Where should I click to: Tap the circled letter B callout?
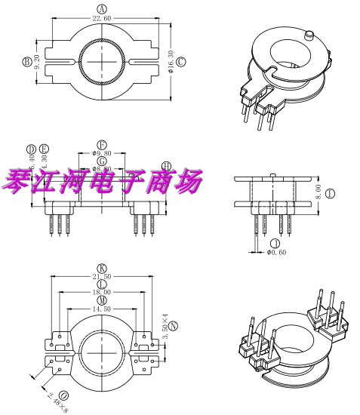(x=26, y=61)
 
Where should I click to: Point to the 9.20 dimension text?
(x=37, y=61)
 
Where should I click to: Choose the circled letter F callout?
(x=102, y=143)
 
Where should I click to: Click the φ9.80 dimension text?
(x=102, y=152)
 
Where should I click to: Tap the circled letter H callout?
(x=167, y=166)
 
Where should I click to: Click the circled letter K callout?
(x=102, y=267)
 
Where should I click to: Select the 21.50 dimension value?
(x=102, y=276)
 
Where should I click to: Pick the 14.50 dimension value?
(x=102, y=308)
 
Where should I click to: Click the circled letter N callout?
(x=174, y=326)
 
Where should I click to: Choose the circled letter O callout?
(x=63, y=395)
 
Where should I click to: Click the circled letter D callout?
(x=32, y=149)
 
